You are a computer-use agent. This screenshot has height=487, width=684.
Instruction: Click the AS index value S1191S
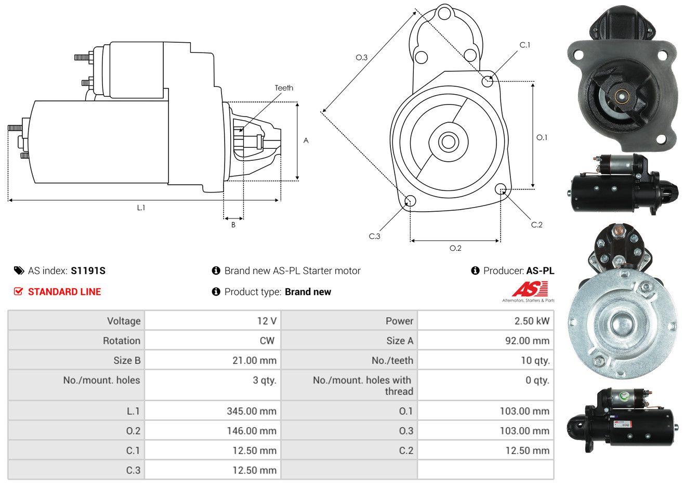coord(88,271)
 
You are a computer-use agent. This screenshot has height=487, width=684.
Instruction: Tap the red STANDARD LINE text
coord(64,292)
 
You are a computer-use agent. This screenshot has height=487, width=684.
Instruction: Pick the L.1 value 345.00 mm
coord(252,411)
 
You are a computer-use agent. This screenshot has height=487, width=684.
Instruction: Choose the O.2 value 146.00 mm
coord(252,431)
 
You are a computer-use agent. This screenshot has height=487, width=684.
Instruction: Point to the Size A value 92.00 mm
coord(528,341)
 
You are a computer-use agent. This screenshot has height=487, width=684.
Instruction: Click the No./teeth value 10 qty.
coord(535,361)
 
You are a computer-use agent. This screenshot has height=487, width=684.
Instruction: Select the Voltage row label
coord(124,321)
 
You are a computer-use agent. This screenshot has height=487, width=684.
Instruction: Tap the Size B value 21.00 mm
coord(254,361)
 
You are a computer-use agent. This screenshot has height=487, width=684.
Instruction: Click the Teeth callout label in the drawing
coord(284,88)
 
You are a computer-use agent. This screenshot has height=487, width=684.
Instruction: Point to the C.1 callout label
coord(525,45)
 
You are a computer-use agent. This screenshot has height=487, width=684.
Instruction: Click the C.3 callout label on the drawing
coord(375,236)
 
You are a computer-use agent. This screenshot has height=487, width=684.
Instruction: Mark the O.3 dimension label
coord(362,57)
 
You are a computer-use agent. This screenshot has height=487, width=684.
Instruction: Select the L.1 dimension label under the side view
coord(141,208)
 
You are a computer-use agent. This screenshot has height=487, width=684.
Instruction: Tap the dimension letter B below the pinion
coord(233,225)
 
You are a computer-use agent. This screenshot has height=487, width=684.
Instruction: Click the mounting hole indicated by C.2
coord(501,189)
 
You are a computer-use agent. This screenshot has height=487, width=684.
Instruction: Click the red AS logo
coord(530,289)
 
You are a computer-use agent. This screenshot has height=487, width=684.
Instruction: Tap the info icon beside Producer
coord(475,271)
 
